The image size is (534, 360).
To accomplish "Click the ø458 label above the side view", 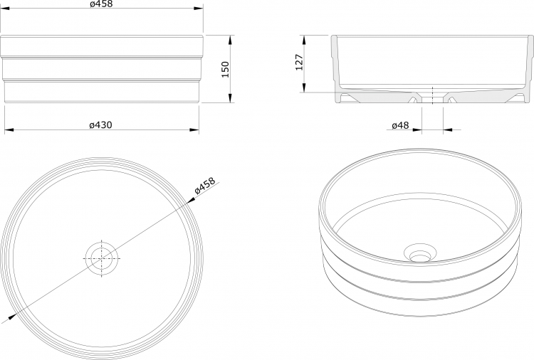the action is [x=101, y=4].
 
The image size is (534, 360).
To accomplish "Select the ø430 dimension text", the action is [x=100, y=125].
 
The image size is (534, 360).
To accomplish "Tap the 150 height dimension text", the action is [x=225, y=69].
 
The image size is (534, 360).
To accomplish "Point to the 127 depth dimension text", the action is [x=299, y=62].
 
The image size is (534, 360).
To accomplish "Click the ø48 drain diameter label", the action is [x=400, y=125].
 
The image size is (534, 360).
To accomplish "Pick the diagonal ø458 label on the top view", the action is [x=204, y=186].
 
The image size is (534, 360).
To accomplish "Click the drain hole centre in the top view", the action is [x=102, y=258].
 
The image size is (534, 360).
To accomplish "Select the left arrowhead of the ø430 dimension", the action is [x=9, y=129].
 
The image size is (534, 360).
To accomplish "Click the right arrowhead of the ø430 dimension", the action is [x=194, y=129].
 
